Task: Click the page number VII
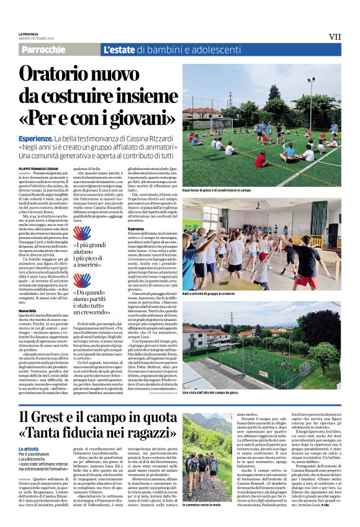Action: tap(335, 37)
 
